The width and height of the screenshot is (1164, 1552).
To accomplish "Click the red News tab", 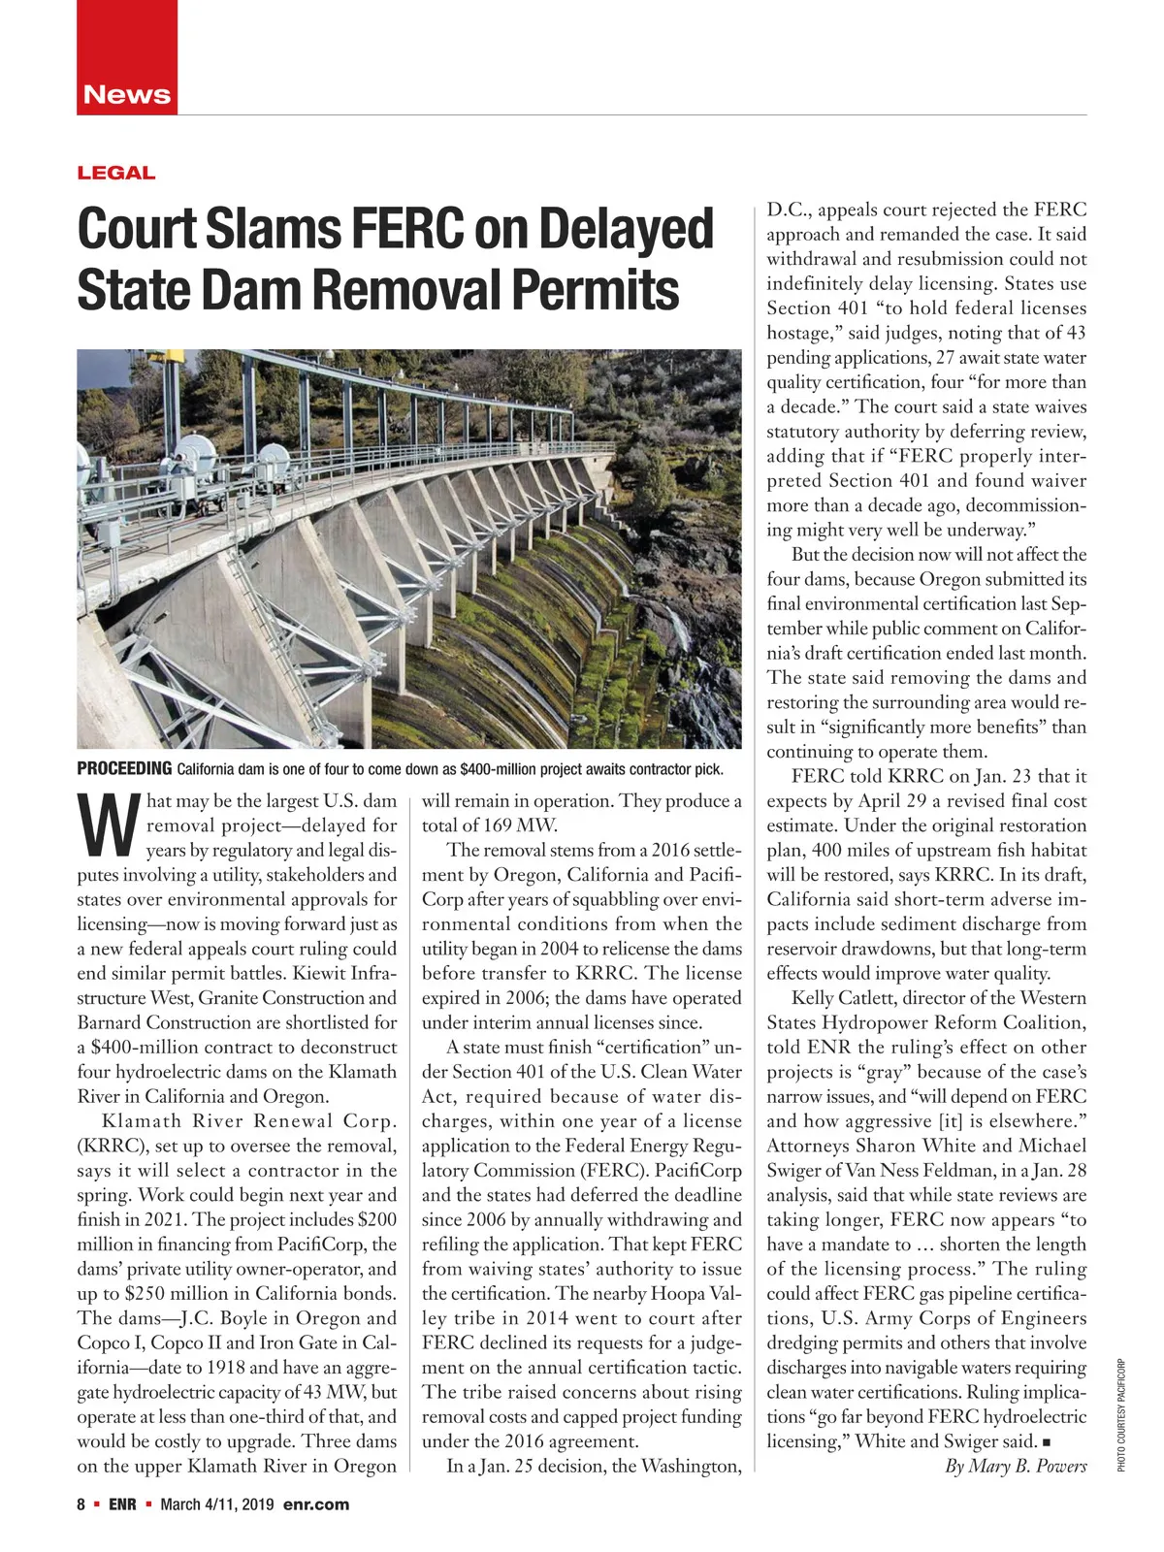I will (127, 94).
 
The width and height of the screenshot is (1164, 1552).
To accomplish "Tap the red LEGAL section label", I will (115, 174).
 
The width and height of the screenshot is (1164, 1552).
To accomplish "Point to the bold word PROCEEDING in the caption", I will (124, 769).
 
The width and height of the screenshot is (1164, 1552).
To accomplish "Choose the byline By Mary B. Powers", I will (1016, 1466).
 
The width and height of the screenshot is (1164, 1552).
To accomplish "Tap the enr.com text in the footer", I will (315, 1504).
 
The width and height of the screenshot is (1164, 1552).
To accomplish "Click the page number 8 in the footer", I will (81, 1504).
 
